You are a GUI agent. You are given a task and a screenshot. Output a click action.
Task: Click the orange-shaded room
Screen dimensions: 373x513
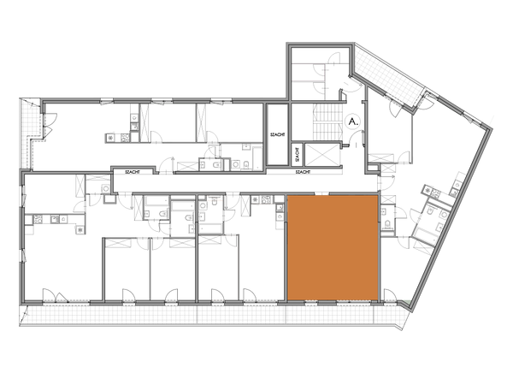[x=332, y=248]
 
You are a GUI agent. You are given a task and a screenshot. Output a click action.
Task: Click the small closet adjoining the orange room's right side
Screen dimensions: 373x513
[x=387, y=221]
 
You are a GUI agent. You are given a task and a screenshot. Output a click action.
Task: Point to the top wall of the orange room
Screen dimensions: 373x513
[x=332, y=196]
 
